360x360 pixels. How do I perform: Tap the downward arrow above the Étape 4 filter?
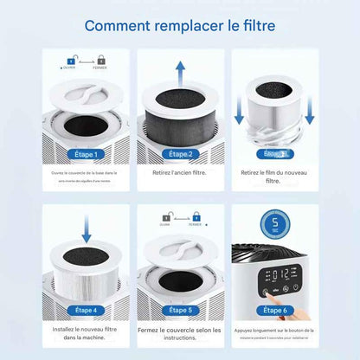click(x=87, y=229)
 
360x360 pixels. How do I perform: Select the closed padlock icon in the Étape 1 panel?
click(x=102, y=61)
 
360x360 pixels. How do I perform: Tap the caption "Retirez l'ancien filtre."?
click(x=179, y=173)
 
